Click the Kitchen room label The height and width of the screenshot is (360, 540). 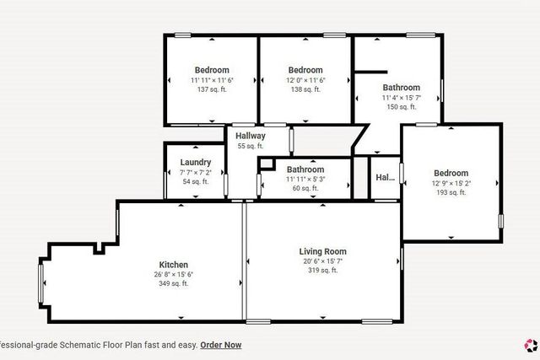174,265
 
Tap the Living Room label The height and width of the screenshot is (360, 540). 322,251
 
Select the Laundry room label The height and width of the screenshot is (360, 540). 196,163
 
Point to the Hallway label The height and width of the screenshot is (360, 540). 251,136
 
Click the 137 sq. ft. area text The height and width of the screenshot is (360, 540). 212,89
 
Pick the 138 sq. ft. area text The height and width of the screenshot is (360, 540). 305,89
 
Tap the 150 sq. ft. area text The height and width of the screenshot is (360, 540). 401,107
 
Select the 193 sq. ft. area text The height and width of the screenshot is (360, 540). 450,192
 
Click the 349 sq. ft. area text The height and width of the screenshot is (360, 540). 174,283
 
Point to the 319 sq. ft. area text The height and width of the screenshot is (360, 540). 322,271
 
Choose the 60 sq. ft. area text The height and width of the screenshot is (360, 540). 305,188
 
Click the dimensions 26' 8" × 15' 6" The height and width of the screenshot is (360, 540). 174,274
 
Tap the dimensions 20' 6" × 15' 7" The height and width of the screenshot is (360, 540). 322,261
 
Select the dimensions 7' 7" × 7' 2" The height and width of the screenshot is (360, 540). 196,172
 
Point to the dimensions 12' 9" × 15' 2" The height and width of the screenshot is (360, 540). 450,183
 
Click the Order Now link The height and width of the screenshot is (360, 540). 220,344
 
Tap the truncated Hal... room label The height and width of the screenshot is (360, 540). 385,178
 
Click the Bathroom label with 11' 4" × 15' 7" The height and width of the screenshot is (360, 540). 401,88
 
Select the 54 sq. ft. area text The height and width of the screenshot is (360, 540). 196,181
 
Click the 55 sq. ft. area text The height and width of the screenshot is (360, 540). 251,146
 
